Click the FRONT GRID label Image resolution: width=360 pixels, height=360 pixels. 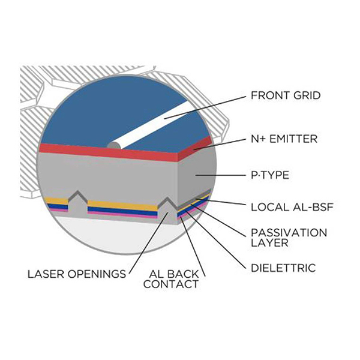tap(286, 95)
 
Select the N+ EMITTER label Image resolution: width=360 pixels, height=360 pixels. tap(284, 139)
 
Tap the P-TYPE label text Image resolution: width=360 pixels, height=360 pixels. tap(270, 175)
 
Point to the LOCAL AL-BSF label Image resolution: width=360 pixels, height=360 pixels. tap(292, 207)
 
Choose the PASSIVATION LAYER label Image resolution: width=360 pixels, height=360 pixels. tap(289, 238)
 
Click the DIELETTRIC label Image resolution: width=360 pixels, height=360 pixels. tap(283, 268)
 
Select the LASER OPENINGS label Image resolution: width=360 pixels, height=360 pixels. tap(77, 274)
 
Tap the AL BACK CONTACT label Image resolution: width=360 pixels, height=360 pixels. tap(171, 279)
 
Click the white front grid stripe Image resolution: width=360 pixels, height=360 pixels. tap(151, 125)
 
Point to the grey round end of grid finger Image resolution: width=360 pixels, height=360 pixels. tap(114, 146)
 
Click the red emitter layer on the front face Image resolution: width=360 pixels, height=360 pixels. tap(108, 152)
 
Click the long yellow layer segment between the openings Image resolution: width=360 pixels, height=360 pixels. tap(122, 205)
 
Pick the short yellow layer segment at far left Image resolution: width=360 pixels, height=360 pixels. tap(57, 200)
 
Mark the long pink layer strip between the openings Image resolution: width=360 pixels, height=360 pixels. tap(122, 215)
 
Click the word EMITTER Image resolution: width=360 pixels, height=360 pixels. tap(293, 139)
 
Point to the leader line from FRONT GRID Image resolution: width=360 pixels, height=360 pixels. tap(205, 107)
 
